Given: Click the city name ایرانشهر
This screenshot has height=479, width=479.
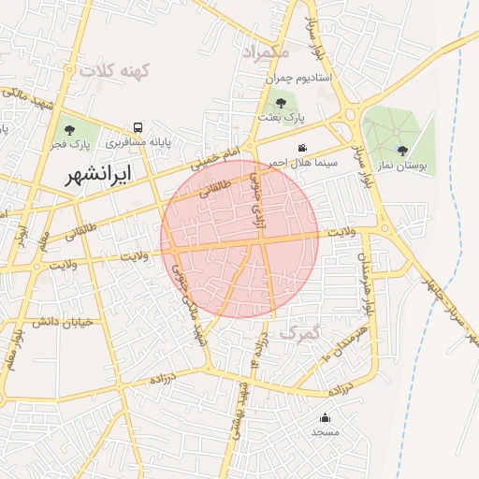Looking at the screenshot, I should click(98, 174).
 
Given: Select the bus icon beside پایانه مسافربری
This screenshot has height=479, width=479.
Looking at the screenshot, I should click(138, 127).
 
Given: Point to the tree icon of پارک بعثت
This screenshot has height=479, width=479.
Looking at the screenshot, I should click(281, 103).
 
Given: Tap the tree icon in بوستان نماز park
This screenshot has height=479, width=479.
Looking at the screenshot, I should click(402, 150).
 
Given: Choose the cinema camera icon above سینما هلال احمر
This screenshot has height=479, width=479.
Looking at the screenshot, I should click(302, 148).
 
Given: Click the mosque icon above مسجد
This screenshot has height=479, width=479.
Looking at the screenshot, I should click(325, 417).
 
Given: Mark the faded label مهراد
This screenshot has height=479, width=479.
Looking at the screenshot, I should click(266, 51).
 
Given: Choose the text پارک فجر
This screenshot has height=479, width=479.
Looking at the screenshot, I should click(67, 145).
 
